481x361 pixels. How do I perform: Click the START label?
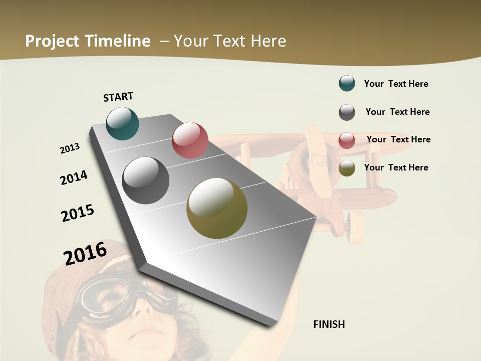pyautogui.click(x=118, y=97)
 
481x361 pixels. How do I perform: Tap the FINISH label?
pyautogui.click(x=329, y=324)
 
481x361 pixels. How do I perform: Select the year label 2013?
pyautogui.click(x=70, y=148)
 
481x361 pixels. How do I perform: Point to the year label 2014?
pyautogui.click(x=74, y=177)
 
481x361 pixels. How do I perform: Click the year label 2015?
pyautogui.click(x=78, y=213)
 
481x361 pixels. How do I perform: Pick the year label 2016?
pyautogui.click(x=85, y=253)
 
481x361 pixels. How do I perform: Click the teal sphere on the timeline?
pyautogui.click(x=122, y=123)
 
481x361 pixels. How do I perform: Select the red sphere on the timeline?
pyautogui.click(x=190, y=140)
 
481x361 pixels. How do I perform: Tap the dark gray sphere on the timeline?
pyautogui.click(x=146, y=180)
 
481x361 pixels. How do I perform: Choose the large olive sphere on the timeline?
pyautogui.click(x=217, y=208)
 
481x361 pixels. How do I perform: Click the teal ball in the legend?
pyautogui.click(x=347, y=83)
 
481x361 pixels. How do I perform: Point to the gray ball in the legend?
pyautogui.click(x=347, y=112)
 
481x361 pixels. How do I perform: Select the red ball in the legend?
pyautogui.click(x=347, y=140)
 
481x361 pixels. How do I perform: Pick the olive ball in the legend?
pyautogui.click(x=347, y=168)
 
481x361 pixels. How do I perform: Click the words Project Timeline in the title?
pyautogui.click(x=88, y=41)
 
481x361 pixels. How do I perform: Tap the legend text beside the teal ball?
pyautogui.click(x=396, y=84)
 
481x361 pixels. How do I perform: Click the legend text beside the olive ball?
pyautogui.click(x=396, y=167)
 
